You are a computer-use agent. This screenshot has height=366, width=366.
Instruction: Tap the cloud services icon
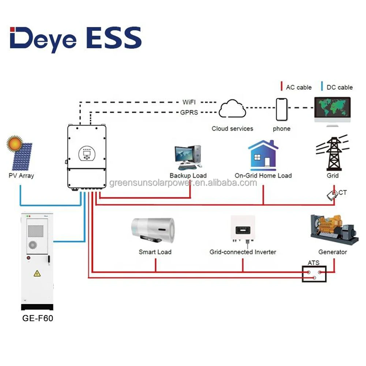232,109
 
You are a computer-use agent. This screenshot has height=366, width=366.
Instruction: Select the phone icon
281,109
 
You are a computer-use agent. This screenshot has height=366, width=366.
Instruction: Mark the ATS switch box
314,274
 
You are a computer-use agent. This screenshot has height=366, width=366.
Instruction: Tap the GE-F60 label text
38,318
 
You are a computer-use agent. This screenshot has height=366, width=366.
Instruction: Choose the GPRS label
189,112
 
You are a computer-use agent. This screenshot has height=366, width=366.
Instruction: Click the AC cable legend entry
296,87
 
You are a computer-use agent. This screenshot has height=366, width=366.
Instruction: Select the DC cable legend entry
337,87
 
